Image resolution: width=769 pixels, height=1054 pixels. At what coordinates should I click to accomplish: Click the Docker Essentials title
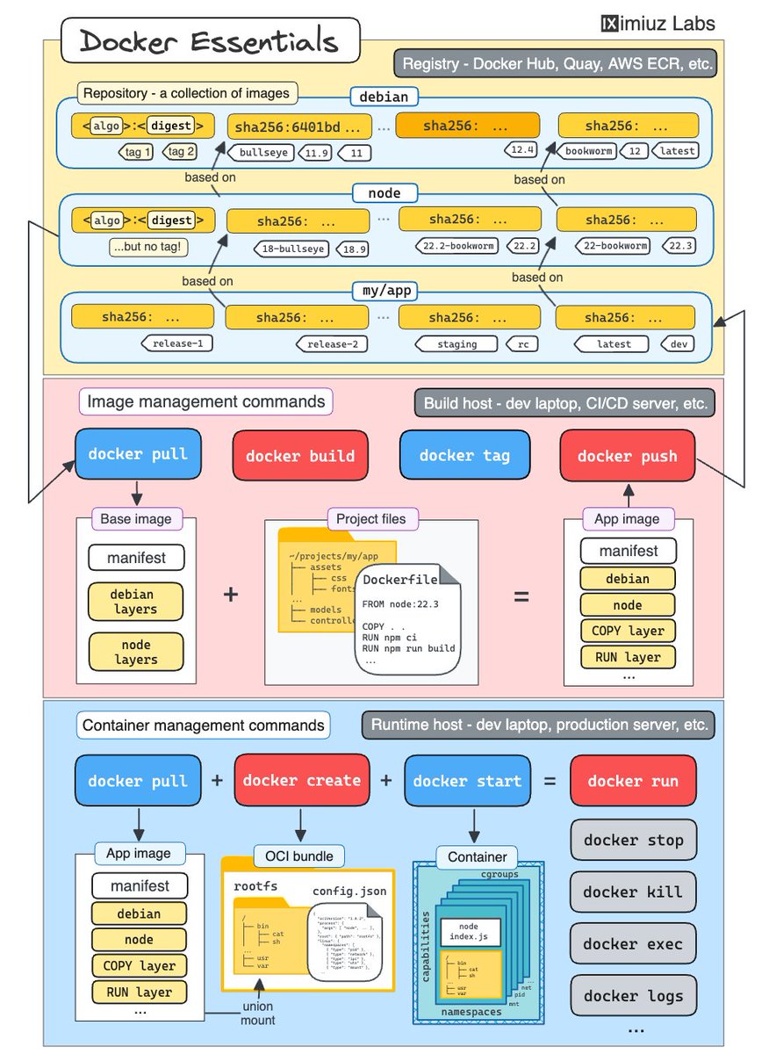(209, 41)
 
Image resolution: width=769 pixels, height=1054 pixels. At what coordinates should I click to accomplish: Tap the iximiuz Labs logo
(658, 22)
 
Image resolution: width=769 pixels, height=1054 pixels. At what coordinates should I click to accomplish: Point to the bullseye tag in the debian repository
(264, 152)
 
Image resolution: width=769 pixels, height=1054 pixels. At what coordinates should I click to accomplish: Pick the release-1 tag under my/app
(176, 343)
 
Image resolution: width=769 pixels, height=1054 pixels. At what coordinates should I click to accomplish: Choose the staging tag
(456, 343)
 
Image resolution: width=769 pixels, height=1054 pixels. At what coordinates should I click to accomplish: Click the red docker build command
(300, 456)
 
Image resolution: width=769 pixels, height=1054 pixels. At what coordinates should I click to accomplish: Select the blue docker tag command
(464, 455)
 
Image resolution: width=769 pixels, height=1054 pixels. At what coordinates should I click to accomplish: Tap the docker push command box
(628, 456)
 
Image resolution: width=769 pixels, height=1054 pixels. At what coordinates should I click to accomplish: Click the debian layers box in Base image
(135, 602)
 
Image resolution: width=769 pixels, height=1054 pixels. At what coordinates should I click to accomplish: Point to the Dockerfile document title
(399, 580)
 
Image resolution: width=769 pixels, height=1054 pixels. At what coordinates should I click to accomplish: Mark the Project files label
(371, 519)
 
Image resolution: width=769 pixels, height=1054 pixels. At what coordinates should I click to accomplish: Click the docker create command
(302, 780)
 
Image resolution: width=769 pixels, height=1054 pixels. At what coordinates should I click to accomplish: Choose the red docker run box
(633, 781)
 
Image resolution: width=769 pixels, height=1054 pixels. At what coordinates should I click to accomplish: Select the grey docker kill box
(633, 892)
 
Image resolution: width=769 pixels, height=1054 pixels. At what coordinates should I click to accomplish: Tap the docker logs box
(633, 995)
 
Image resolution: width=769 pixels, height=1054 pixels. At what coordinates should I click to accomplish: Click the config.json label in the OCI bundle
(349, 891)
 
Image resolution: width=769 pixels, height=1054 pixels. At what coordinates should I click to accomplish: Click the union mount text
(258, 1013)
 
